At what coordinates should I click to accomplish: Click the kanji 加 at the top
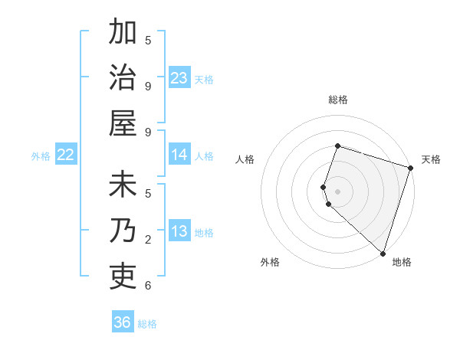click(123, 34)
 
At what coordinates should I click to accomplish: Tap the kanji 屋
click(123, 122)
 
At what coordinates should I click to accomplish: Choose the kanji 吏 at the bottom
click(123, 274)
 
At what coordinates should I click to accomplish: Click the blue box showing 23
click(179, 78)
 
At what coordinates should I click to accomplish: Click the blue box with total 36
click(123, 322)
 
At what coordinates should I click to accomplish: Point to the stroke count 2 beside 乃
click(148, 240)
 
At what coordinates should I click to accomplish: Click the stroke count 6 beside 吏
click(148, 286)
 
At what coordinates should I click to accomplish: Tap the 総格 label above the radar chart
click(337, 100)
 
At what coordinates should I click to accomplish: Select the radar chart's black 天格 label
click(431, 159)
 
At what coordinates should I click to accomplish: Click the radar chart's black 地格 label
click(402, 262)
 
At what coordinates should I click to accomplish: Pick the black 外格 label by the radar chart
click(270, 262)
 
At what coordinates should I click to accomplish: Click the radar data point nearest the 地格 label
click(382, 253)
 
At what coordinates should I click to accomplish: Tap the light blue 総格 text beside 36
click(147, 324)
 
